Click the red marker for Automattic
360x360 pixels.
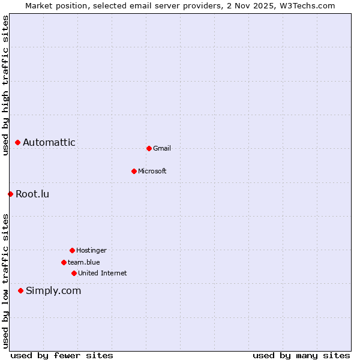pyautogui.click(x=18, y=142)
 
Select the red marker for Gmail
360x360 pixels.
pyautogui.click(x=149, y=148)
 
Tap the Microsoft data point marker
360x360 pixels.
pyautogui.click(x=134, y=171)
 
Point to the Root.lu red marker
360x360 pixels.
pyautogui.click(x=10, y=194)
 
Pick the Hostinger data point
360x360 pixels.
pyautogui.click(x=72, y=250)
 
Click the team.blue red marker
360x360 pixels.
pyautogui.click(x=64, y=262)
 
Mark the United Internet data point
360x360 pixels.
pyautogui.click(x=74, y=273)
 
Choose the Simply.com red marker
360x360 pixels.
pyautogui.click(x=20, y=290)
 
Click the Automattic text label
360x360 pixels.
pyautogui.click(x=49, y=142)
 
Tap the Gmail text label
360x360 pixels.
pyautogui.click(x=162, y=148)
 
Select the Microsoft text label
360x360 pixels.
pyautogui.click(x=152, y=171)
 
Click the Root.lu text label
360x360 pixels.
pyautogui.click(x=32, y=194)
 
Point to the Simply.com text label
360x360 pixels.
pyautogui.click(x=53, y=290)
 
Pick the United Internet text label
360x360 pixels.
pyautogui.click(x=103, y=273)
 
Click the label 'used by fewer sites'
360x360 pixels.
pyautogui.click(x=62, y=355)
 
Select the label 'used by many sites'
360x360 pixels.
pyautogui.click(x=301, y=355)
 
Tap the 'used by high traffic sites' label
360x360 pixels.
pyautogui.click(x=5, y=86)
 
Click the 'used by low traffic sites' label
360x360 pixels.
pyautogui.click(x=5, y=281)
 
